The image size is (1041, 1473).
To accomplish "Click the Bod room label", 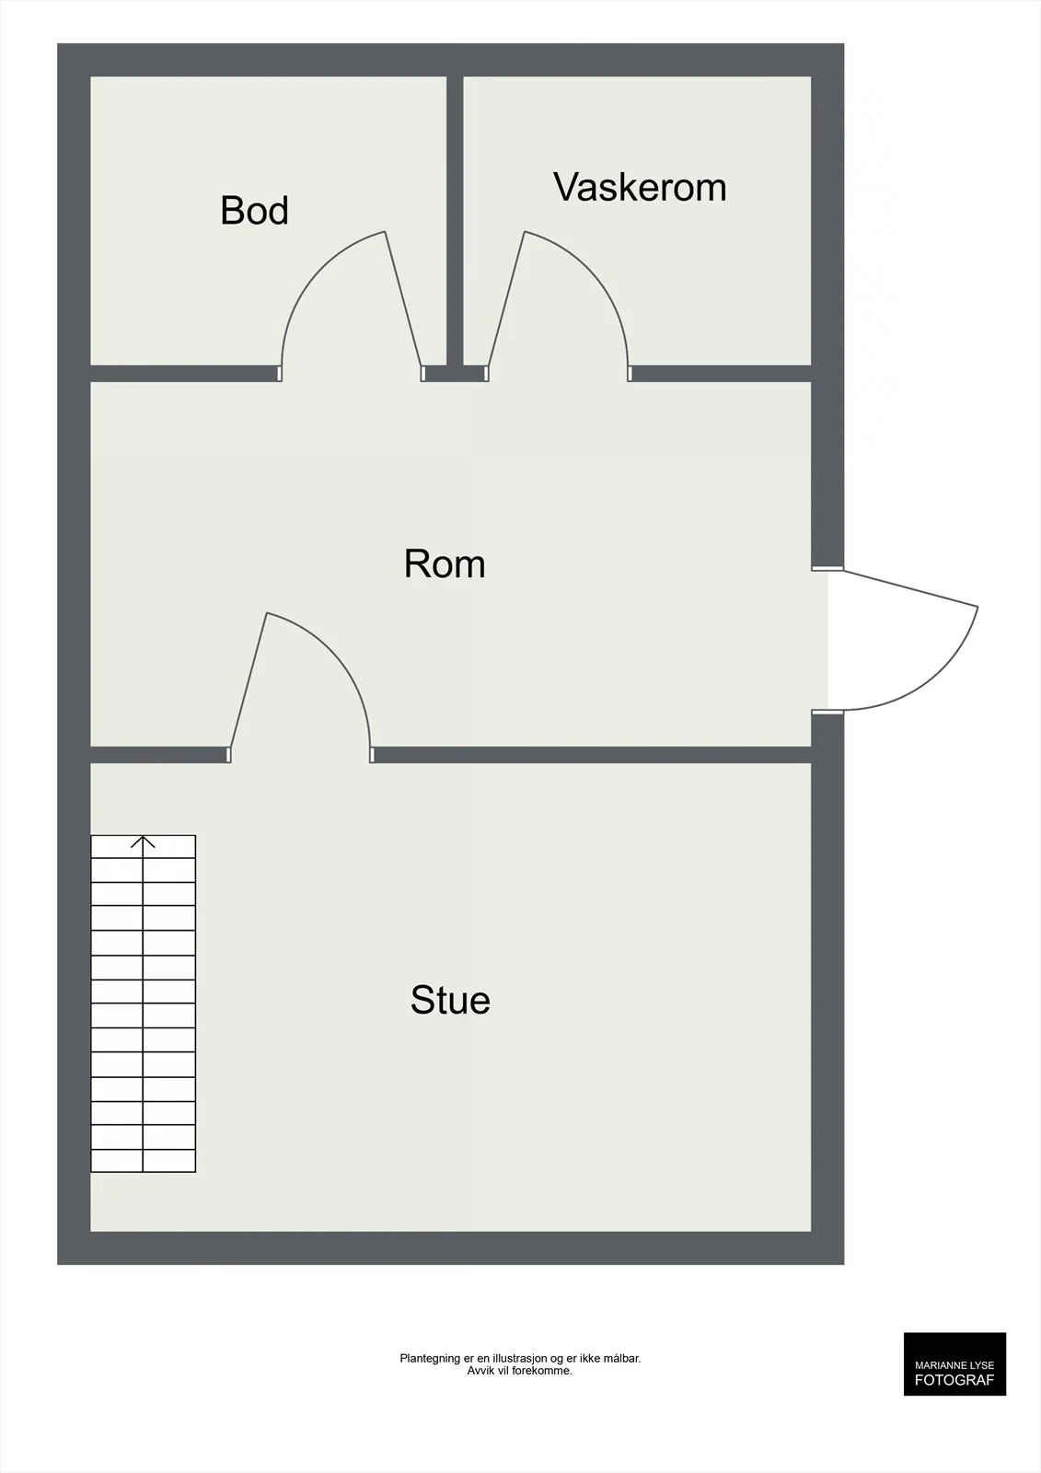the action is click(x=254, y=211).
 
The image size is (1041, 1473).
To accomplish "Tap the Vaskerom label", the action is click(x=640, y=187).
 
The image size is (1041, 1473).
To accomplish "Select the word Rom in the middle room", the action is click(x=445, y=563).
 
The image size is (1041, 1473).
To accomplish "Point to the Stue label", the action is click(x=450, y=1000).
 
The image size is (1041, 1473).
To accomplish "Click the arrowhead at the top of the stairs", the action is click(x=143, y=841).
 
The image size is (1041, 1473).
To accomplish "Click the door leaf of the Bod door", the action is click(x=403, y=299).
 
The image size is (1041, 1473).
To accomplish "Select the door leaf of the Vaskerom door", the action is click(x=505, y=299).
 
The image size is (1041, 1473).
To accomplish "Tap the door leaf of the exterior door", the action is click(x=910, y=588).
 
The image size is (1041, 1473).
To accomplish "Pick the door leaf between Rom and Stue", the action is click(x=248, y=680).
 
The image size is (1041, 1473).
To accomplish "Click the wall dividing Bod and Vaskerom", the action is click(x=455, y=221).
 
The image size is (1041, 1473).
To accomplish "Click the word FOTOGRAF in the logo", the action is click(x=954, y=1380).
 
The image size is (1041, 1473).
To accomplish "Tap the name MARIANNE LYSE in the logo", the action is click(x=954, y=1365).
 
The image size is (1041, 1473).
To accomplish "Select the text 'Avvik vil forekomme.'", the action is click(x=519, y=1371).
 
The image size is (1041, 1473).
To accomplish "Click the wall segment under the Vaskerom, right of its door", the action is click(x=720, y=374).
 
